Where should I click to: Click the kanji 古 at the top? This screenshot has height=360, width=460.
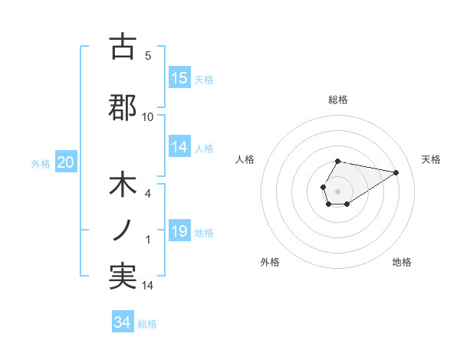pyautogui.click(x=123, y=47)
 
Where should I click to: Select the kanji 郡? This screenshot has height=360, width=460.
pyautogui.click(x=123, y=107)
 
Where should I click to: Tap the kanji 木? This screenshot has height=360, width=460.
pyautogui.click(x=123, y=186)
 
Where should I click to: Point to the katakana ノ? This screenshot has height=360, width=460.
pyautogui.click(x=123, y=231)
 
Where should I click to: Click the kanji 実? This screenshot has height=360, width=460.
pyautogui.click(x=123, y=277)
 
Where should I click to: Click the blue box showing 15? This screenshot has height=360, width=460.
pyautogui.click(x=179, y=78)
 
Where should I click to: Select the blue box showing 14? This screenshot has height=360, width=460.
pyautogui.click(x=179, y=148)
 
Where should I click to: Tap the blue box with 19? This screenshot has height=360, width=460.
pyautogui.click(x=179, y=232)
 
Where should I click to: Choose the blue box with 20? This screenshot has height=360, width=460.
pyautogui.click(x=66, y=162)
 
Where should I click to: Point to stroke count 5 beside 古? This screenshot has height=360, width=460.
pyautogui.click(x=148, y=55)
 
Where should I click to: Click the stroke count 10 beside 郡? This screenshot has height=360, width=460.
pyautogui.click(x=148, y=116)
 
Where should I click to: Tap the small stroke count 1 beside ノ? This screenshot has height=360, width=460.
pyautogui.click(x=148, y=240)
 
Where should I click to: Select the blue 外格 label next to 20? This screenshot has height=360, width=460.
pyautogui.click(x=41, y=163)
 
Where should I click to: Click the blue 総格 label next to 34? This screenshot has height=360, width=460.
pyautogui.click(x=147, y=324)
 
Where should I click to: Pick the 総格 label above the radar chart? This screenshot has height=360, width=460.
pyautogui.click(x=338, y=100)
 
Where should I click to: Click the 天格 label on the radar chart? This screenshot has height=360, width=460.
pyautogui.click(x=432, y=159)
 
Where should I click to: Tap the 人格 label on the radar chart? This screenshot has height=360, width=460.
pyautogui.click(x=245, y=159)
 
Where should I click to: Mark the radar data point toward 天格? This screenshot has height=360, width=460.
pyautogui.click(x=396, y=172)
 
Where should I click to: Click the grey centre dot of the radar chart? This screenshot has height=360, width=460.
pyautogui.click(x=337, y=190)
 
